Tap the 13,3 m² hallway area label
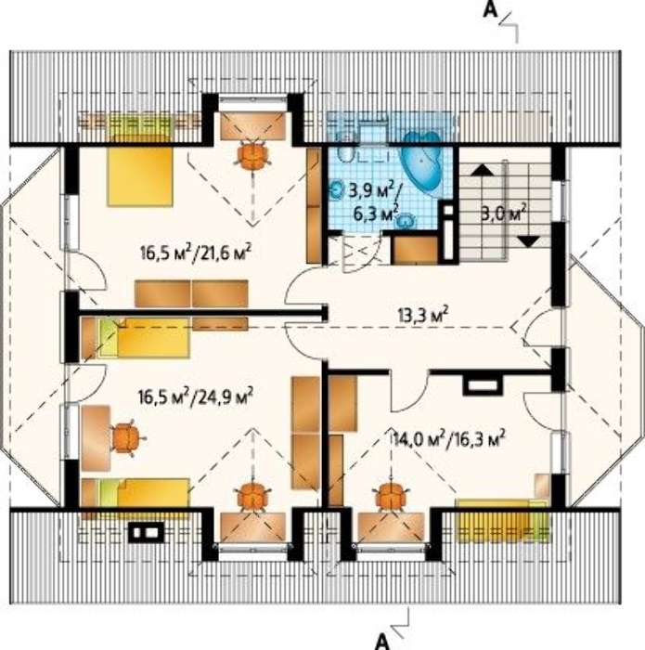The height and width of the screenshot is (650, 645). coord(422,314)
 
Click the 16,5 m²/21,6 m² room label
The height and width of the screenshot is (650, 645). coord(196,252)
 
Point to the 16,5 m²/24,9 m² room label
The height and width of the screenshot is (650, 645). coord(196,396)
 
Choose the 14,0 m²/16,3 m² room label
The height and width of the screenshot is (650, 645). coord(448,438)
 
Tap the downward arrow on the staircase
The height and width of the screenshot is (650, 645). coord(528,240)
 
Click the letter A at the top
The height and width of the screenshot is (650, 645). coord(490,9)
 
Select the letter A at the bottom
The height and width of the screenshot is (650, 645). coord(382,643)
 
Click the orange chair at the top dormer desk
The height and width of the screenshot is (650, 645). coord(253,154)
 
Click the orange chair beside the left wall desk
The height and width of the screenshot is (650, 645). coord(127,437)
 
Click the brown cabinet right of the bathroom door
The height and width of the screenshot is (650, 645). coord(415,249)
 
